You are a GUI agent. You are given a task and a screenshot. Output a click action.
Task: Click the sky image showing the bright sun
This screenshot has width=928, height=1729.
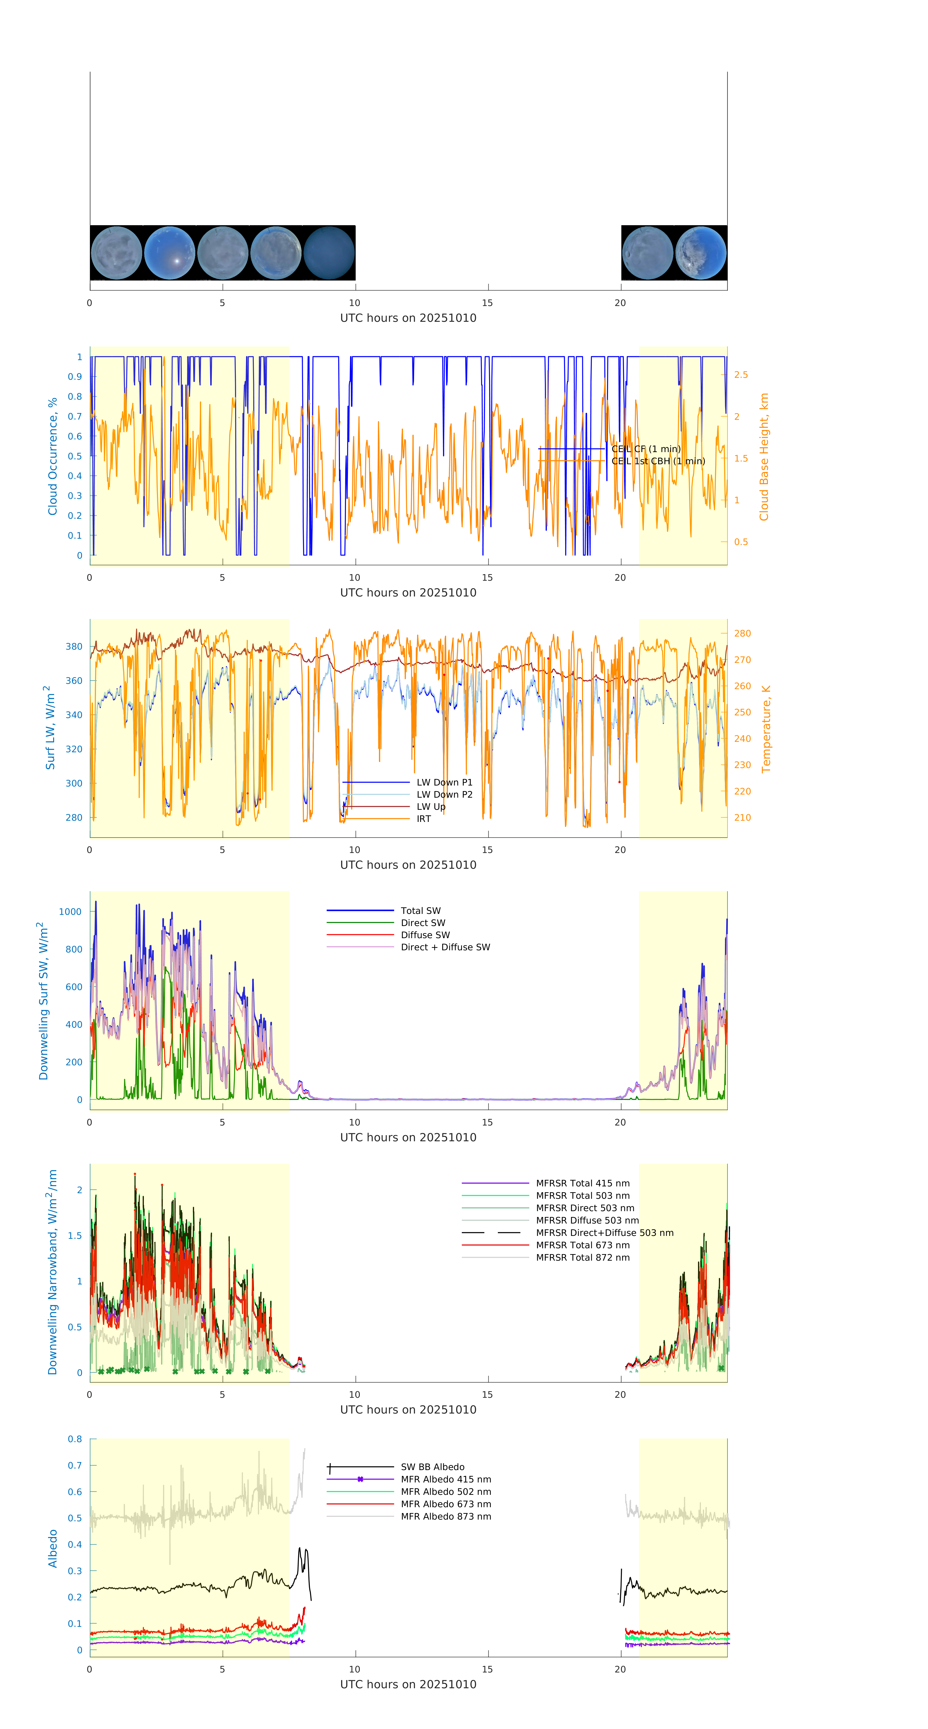(170, 253)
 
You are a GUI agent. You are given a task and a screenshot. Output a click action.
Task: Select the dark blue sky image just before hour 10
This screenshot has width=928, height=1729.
(329, 253)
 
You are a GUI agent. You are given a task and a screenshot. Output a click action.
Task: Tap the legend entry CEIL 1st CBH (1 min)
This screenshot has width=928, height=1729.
(657, 461)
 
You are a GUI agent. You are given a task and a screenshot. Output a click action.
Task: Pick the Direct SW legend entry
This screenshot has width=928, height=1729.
(423, 923)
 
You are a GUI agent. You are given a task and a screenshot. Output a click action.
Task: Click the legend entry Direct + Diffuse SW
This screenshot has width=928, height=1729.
(445, 947)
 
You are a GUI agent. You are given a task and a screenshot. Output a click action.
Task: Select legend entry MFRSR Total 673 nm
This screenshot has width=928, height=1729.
(583, 1245)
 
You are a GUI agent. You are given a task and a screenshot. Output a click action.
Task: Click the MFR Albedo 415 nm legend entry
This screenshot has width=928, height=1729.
(445, 1479)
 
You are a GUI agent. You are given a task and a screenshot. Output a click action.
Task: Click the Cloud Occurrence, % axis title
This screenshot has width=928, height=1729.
(52, 456)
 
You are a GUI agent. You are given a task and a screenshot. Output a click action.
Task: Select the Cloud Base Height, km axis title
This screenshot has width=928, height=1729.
(764, 456)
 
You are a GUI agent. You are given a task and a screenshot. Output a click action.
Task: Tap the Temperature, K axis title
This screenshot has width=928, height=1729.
(766, 729)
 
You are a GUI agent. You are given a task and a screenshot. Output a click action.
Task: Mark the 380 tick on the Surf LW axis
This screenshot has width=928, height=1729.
(74, 646)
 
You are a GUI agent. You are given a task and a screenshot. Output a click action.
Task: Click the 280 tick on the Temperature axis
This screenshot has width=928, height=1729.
(742, 633)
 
